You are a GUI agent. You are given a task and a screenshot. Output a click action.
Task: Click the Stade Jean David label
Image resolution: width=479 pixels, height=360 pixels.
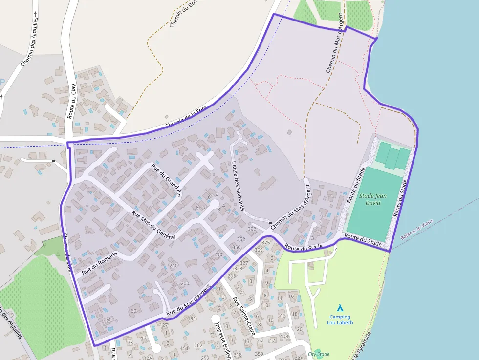(x=373, y=199)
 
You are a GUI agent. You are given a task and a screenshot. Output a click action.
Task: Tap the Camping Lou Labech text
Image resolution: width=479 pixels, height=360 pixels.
(x=340, y=320)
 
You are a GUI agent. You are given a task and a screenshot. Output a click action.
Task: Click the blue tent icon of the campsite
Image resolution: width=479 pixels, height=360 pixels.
(x=340, y=308)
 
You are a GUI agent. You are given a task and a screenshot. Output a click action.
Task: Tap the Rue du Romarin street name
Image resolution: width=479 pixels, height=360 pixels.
(x=100, y=263)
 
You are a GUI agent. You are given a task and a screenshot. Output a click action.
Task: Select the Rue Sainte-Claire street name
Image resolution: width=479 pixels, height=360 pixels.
(x=243, y=316)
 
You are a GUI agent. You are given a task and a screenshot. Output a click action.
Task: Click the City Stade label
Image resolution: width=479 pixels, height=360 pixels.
(x=319, y=354)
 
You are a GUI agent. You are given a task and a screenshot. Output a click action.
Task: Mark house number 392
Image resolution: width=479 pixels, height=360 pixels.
(x=252, y=229)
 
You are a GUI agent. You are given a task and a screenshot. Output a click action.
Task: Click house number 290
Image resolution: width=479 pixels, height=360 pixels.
(x=218, y=254)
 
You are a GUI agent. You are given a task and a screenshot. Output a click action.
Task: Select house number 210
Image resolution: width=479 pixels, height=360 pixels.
(x=174, y=266)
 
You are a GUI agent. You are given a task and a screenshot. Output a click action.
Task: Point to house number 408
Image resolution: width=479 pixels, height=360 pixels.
(x=284, y=336)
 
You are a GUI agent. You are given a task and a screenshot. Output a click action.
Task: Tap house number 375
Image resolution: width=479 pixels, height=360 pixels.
(x=265, y=242)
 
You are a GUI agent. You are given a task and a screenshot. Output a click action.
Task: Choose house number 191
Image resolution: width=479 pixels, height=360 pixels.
(x=192, y=318)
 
